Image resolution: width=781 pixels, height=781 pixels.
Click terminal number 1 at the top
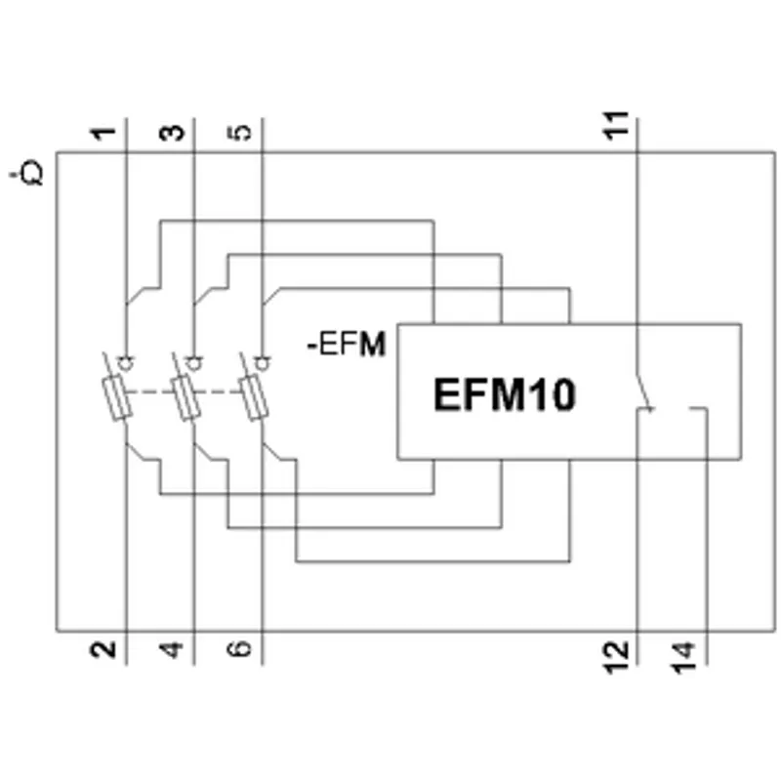(103, 134)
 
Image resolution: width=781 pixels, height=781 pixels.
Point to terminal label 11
(616, 126)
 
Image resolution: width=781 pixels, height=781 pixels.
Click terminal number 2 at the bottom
(103, 649)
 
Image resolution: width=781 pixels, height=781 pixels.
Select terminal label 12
(617, 658)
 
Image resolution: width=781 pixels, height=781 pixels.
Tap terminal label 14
(684, 658)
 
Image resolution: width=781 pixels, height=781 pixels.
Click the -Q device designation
(27, 174)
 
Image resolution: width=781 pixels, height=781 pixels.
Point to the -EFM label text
(347, 345)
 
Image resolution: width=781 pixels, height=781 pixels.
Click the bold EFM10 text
(505, 394)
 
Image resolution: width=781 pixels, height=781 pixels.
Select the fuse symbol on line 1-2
(117, 399)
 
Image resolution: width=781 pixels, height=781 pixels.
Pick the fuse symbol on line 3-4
(185, 399)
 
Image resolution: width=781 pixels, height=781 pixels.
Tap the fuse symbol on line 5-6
(254, 399)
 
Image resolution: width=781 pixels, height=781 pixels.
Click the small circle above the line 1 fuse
(126, 363)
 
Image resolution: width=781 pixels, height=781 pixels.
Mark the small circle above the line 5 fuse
(263, 363)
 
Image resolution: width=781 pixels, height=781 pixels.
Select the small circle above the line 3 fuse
(194, 363)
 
